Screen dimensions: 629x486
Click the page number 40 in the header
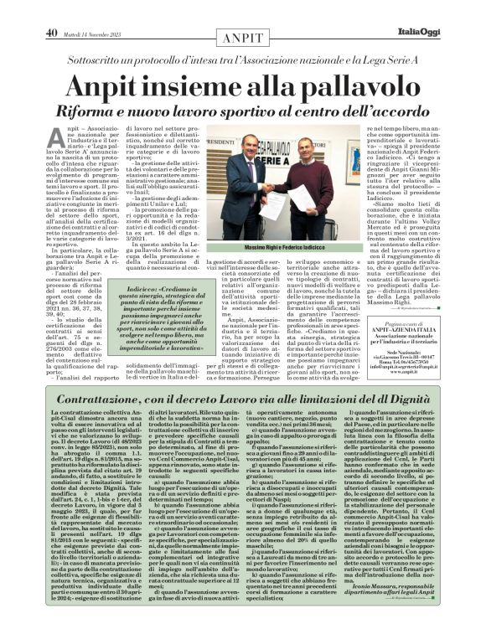click(x=51, y=10)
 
